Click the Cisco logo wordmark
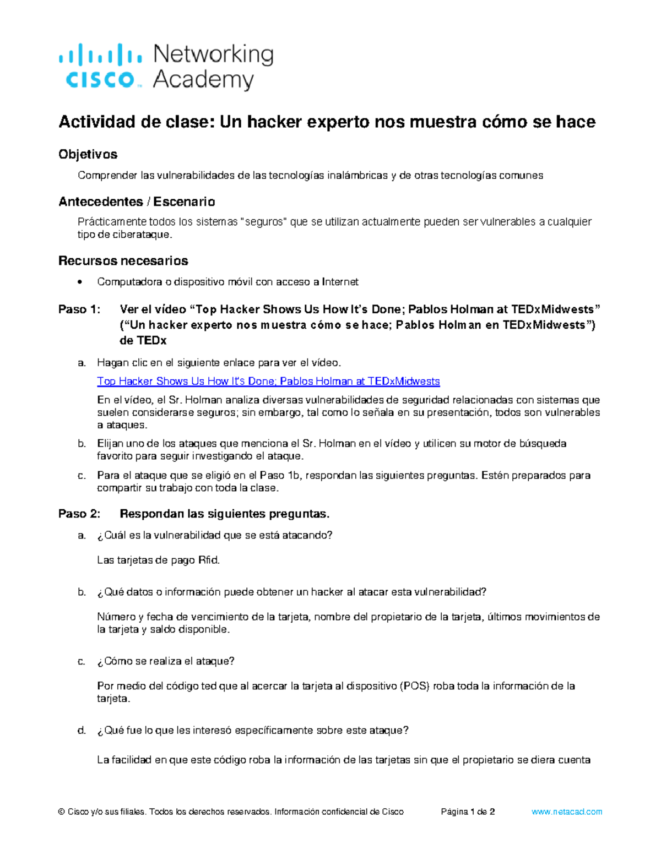(x=100, y=80)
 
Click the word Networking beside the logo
(x=213, y=55)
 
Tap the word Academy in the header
(x=203, y=80)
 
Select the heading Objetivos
(x=88, y=154)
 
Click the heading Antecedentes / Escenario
(x=137, y=202)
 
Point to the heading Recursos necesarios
(x=123, y=260)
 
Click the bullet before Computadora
(x=81, y=282)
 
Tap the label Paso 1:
(x=79, y=309)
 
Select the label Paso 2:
(x=79, y=514)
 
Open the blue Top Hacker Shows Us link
(x=268, y=381)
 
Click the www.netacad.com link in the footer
(x=567, y=812)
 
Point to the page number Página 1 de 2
(x=468, y=812)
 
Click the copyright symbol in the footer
(x=61, y=812)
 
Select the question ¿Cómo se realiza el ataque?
(x=166, y=661)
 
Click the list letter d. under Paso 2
(x=82, y=731)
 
